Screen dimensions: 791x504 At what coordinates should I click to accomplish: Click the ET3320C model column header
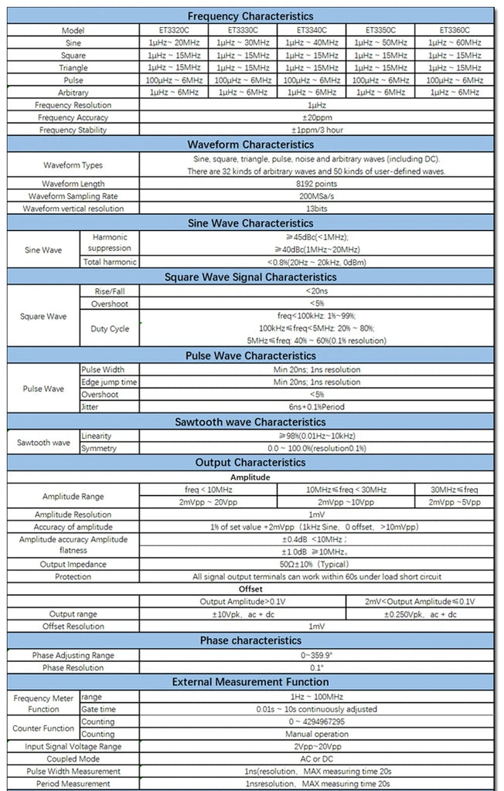(174, 30)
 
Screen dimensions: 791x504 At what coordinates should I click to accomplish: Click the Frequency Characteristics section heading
(250, 15)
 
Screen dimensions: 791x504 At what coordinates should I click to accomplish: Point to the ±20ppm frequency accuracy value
(316, 117)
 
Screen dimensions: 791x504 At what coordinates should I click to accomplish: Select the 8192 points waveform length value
(316, 184)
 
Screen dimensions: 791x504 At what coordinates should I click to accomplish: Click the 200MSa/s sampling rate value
(316, 196)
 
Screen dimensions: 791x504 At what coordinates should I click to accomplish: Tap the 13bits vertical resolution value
(316, 209)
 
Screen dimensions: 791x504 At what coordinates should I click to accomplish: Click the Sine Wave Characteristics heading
(250, 223)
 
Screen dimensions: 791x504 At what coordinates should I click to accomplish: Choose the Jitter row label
(91, 406)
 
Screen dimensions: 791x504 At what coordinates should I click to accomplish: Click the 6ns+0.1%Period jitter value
(316, 406)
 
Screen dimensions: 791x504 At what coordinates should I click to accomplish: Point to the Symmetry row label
(100, 448)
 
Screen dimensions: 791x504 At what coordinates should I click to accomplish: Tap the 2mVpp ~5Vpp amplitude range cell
(455, 501)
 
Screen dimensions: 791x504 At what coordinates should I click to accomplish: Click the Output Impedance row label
(73, 565)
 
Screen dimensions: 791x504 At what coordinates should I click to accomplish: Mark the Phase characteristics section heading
(250, 640)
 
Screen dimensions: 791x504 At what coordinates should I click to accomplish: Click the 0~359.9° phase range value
(316, 655)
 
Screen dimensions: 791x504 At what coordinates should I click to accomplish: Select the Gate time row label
(98, 709)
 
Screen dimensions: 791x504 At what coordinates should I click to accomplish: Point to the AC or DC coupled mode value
(316, 759)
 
